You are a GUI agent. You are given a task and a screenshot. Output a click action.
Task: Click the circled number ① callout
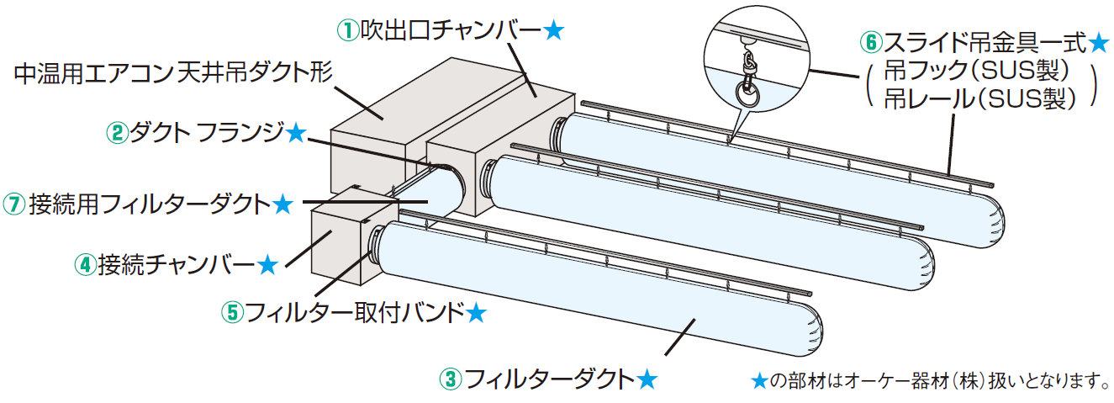pyautogui.click(x=348, y=31)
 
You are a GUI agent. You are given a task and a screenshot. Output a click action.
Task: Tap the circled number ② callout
pyautogui.click(x=117, y=132)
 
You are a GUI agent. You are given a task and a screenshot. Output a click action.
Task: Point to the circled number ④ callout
pyautogui.click(x=86, y=265)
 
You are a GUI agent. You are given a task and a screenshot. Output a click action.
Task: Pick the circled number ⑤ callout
pyautogui.click(x=231, y=312)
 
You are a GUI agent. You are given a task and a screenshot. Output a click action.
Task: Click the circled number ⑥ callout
pyautogui.click(x=871, y=40)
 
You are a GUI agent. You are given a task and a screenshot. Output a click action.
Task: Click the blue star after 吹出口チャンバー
pyautogui.click(x=553, y=31)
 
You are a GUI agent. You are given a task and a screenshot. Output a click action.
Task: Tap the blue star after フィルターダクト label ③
pyautogui.click(x=646, y=379)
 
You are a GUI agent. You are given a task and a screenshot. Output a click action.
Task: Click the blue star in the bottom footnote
pyautogui.click(x=758, y=381)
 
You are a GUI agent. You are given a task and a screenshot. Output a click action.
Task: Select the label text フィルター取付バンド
pyautogui.click(x=354, y=312)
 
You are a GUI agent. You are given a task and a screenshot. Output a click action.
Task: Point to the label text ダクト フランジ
pyautogui.click(x=207, y=132)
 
